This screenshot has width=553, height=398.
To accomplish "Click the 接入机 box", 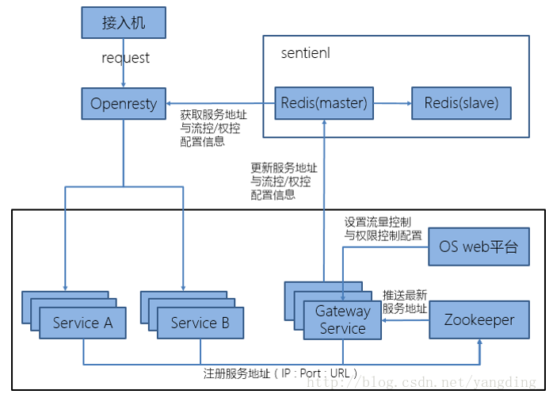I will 124,23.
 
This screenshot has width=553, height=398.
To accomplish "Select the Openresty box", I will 124,104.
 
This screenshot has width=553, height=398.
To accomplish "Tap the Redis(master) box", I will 324,103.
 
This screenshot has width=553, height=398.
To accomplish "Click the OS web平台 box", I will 479,247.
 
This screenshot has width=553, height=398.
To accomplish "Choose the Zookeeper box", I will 479,320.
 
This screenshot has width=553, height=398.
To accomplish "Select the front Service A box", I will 82,323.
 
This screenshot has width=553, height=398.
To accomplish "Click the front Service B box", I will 200,323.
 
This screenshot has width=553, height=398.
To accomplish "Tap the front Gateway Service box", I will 342,320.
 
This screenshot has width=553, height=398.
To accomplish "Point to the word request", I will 125,59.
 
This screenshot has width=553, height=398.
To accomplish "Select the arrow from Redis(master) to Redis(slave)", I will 391,103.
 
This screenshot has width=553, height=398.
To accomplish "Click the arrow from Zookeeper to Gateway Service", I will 404,320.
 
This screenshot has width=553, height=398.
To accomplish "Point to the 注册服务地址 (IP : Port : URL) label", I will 280,373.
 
